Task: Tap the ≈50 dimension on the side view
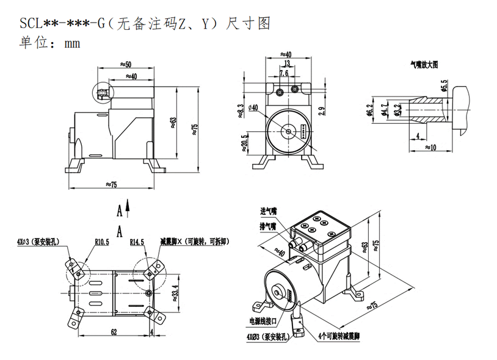click(126, 64)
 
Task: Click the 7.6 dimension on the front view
click(284, 73)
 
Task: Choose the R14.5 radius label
click(137, 242)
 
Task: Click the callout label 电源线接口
click(263, 320)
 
